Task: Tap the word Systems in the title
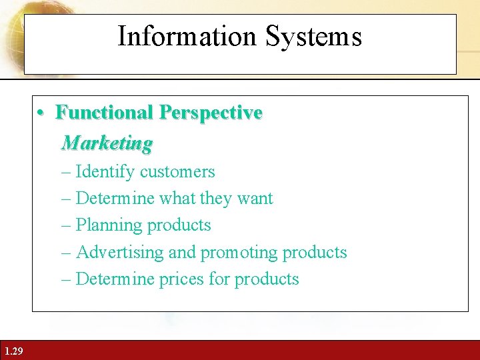pos(313,36)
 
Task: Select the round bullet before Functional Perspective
pos(41,113)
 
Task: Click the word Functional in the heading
pos(104,112)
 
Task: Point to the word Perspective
pos(210,112)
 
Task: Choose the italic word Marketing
pos(107,143)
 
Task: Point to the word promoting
pos(239,252)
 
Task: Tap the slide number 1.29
pos(13,351)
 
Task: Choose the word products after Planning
pos(179,225)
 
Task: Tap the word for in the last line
pos(219,279)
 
